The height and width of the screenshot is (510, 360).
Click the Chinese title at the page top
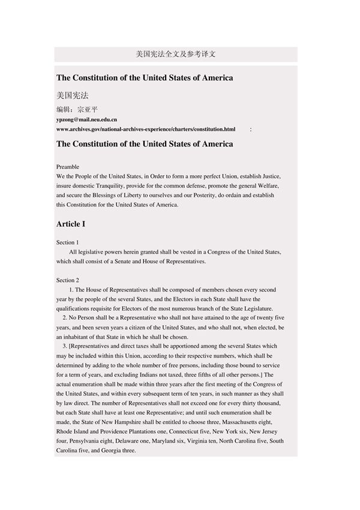[176, 54]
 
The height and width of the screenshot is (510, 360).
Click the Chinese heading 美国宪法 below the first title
[73, 95]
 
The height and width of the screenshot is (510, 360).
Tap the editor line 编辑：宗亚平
[77, 110]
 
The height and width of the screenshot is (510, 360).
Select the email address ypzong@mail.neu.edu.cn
[86, 119]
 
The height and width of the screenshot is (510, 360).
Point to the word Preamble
[68, 166]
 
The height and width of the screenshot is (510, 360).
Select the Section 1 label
[67, 242]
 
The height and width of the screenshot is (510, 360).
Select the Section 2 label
[67, 280]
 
